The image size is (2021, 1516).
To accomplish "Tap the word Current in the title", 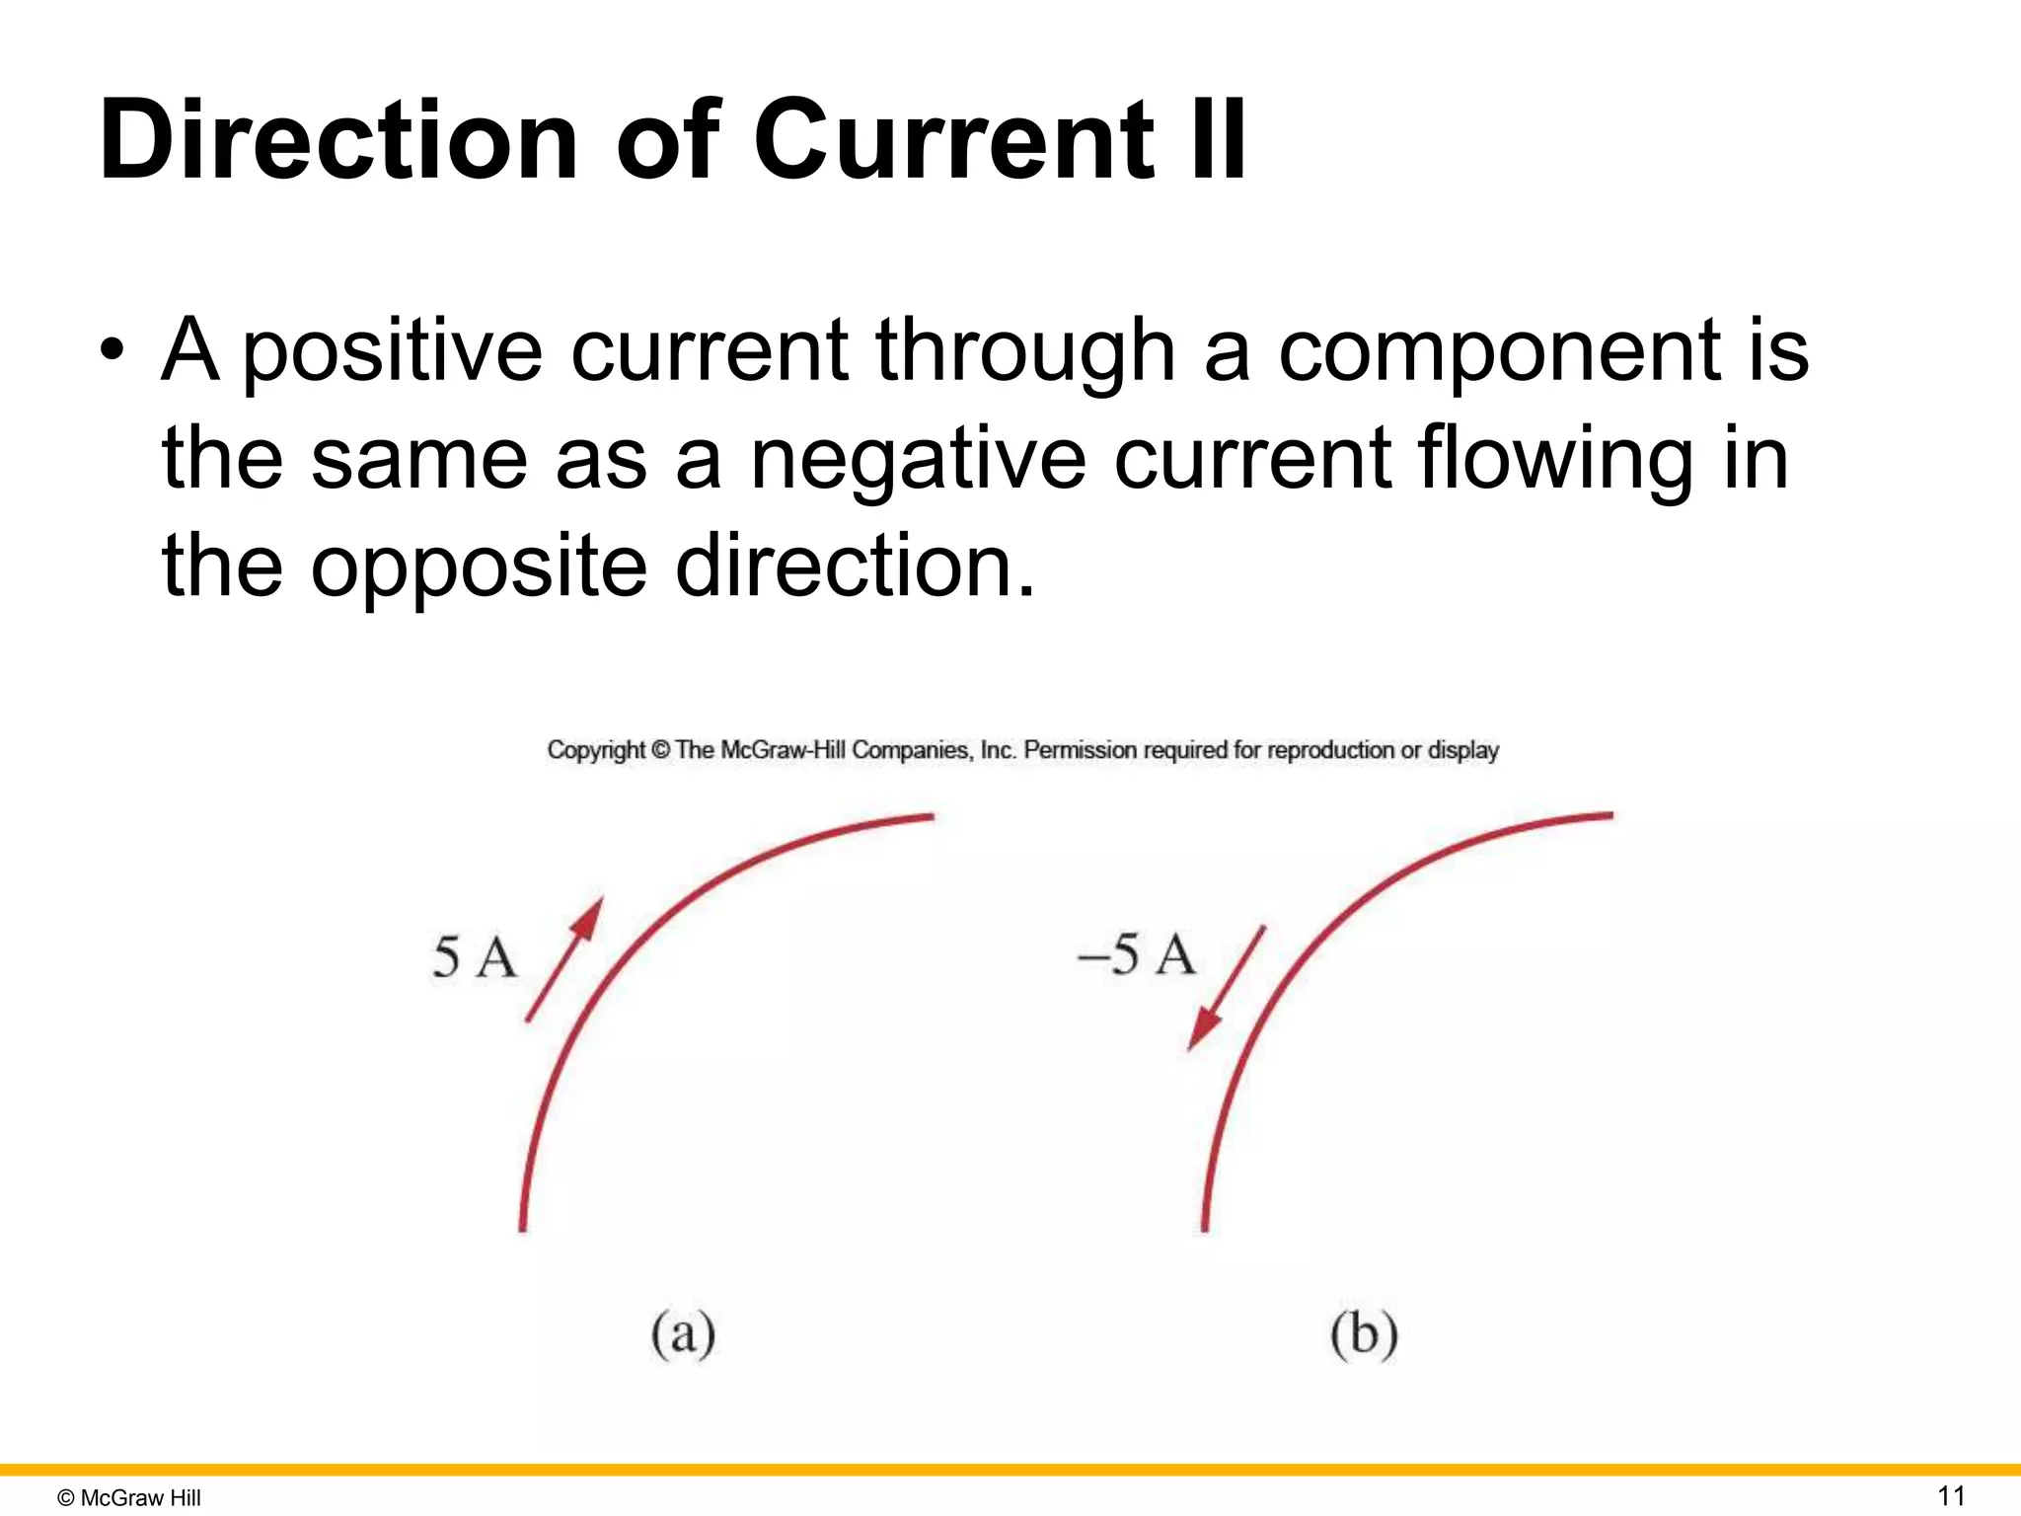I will click(953, 140).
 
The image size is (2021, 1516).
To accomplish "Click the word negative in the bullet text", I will click(918, 460).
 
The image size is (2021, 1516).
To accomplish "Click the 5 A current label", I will click(474, 957).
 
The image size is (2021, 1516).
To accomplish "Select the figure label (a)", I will click(683, 1334).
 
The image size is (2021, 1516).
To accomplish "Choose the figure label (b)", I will click(1364, 1334).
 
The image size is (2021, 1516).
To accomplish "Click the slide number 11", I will click(1951, 1495).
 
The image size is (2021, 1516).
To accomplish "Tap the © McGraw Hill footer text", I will click(129, 1497).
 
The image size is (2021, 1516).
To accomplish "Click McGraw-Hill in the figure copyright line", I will click(784, 750).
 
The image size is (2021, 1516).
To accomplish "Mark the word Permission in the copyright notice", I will click(1080, 750).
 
